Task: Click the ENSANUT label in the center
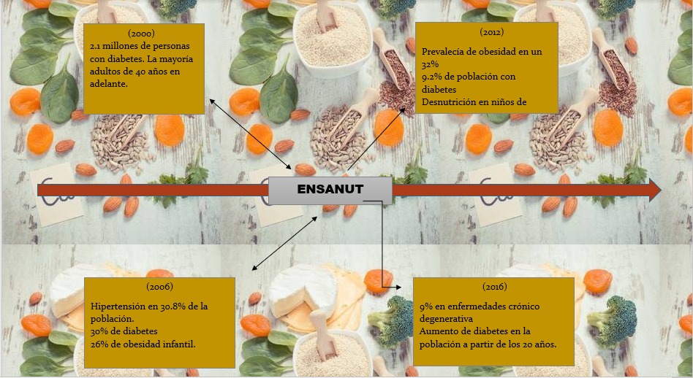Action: click(x=330, y=189)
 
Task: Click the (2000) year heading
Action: click(x=141, y=33)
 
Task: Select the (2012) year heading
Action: click(x=491, y=32)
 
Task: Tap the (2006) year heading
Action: click(x=159, y=287)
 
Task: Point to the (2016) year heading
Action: click(x=495, y=287)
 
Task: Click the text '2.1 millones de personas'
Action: click(x=140, y=46)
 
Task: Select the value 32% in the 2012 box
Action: click(x=430, y=64)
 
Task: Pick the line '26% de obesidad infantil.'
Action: click(x=143, y=344)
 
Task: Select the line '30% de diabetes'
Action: click(x=124, y=331)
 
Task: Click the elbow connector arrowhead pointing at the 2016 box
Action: click(x=398, y=287)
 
